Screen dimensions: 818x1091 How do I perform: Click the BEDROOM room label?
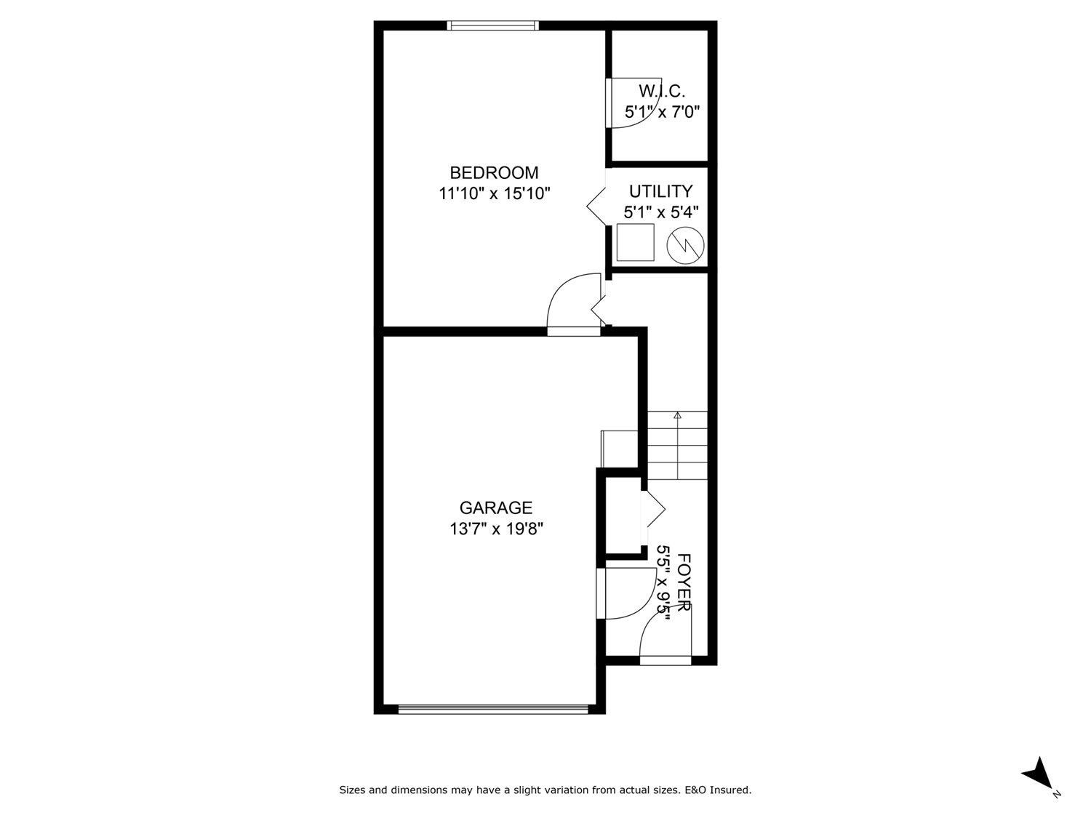(x=494, y=172)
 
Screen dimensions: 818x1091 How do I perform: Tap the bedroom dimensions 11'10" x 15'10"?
(x=494, y=193)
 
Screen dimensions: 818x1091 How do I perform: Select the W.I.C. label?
(x=662, y=91)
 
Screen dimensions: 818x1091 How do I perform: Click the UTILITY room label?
(x=660, y=191)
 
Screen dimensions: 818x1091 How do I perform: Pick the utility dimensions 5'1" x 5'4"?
(x=660, y=212)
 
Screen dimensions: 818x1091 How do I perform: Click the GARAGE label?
(x=495, y=508)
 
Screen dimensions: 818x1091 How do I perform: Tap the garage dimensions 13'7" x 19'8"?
(x=496, y=529)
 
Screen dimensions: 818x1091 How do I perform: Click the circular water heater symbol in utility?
(x=686, y=245)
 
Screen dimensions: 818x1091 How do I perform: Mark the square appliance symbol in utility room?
(x=635, y=242)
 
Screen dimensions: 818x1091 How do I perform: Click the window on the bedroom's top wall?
(x=493, y=25)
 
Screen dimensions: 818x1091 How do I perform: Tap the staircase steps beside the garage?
(x=677, y=445)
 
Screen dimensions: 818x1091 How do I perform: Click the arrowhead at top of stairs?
(x=677, y=415)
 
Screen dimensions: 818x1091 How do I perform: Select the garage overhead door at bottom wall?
(x=493, y=709)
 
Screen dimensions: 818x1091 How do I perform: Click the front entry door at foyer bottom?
(x=665, y=660)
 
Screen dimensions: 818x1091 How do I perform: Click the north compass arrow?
(x=1038, y=772)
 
